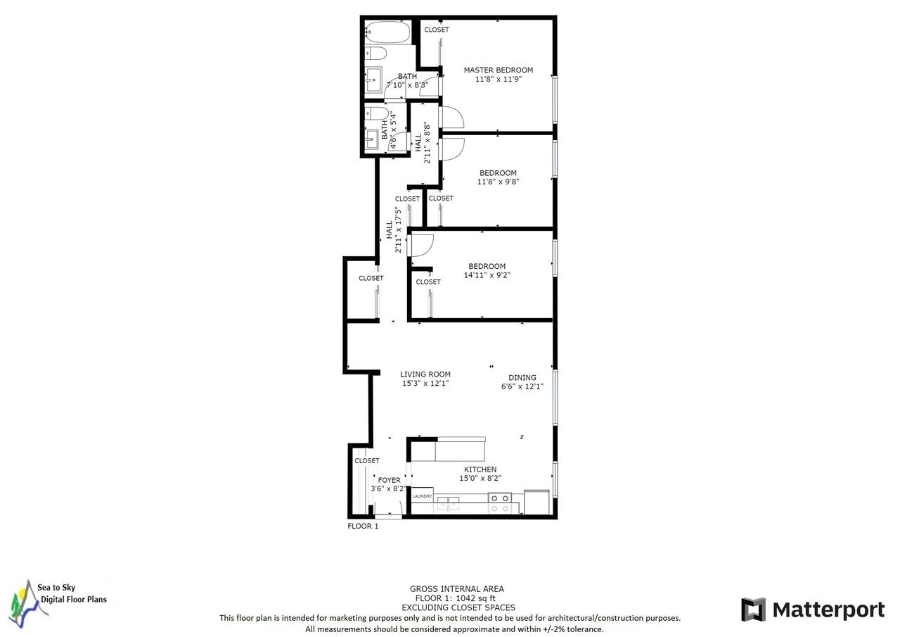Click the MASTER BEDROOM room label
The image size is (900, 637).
499,70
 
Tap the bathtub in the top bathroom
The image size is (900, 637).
387,32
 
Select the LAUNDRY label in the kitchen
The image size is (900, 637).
422,496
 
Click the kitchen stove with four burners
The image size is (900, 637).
500,503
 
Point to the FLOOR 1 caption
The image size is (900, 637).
363,526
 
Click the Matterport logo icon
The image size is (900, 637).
753,610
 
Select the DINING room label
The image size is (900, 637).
522,377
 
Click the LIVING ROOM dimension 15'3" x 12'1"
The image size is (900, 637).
425,383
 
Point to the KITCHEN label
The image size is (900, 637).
480,469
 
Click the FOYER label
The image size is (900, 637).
389,480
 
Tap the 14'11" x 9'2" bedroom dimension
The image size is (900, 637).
487,275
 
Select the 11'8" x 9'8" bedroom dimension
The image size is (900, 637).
499,182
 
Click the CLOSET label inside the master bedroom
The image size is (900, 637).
437,30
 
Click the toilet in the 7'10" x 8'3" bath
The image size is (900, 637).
375,53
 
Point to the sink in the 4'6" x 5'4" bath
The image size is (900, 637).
372,139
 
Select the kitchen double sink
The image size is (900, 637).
448,503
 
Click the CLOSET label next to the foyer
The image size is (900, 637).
367,461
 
